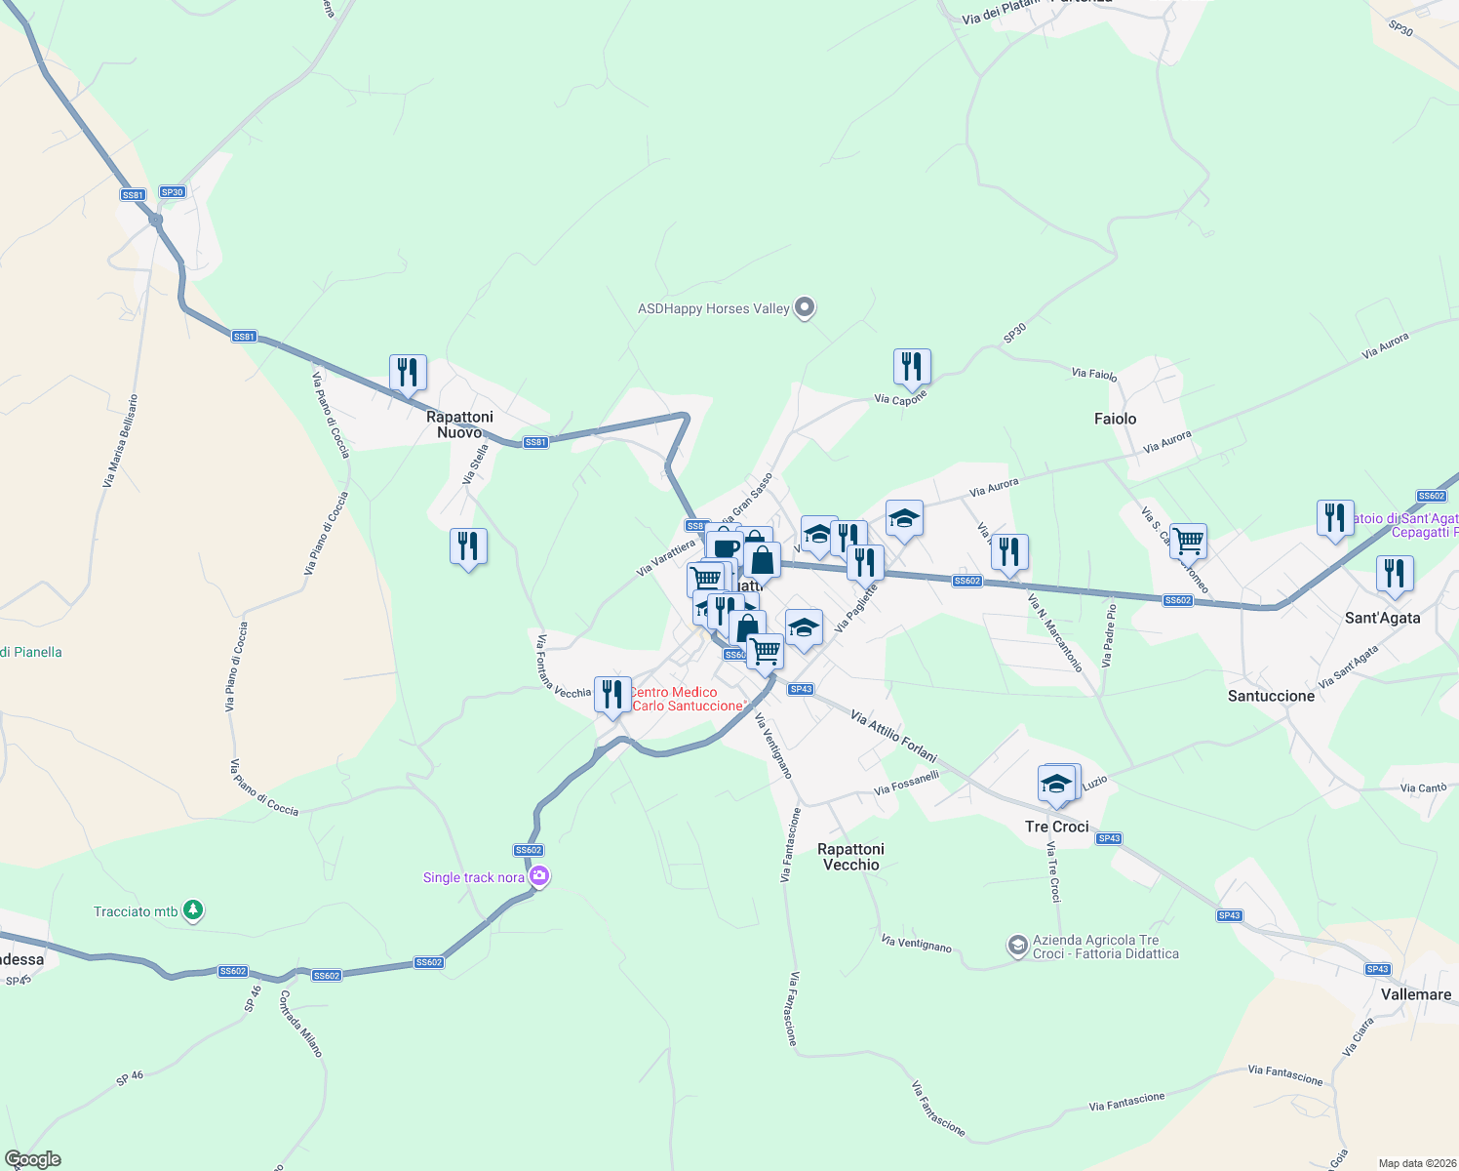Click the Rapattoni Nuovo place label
pyautogui.click(x=459, y=424)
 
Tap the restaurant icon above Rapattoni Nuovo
pyautogui.click(x=408, y=372)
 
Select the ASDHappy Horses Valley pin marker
pyautogui.click(x=805, y=308)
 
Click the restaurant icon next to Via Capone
pyautogui.click(x=912, y=367)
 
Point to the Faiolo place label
pyautogui.click(x=1115, y=419)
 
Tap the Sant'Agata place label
pyautogui.click(x=1382, y=618)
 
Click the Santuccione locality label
pyautogui.click(x=1271, y=696)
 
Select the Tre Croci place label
pyautogui.click(x=1056, y=827)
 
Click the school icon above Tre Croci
pyautogui.click(x=1056, y=784)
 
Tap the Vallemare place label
pyautogui.click(x=1416, y=994)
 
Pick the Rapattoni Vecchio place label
pyautogui.click(x=850, y=857)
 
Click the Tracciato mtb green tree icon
pyautogui.click(x=194, y=910)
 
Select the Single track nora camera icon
pyautogui.click(x=538, y=877)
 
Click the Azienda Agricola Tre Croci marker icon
pyautogui.click(x=1017, y=946)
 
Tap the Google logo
pyautogui.click(x=33, y=1159)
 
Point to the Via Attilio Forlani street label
pyautogui.click(x=893, y=737)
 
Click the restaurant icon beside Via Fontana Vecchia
pyautogui.click(x=611, y=695)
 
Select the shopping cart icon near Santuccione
pyautogui.click(x=1188, y=540)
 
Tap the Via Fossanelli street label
pyautogui.click(x=906, y=783)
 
